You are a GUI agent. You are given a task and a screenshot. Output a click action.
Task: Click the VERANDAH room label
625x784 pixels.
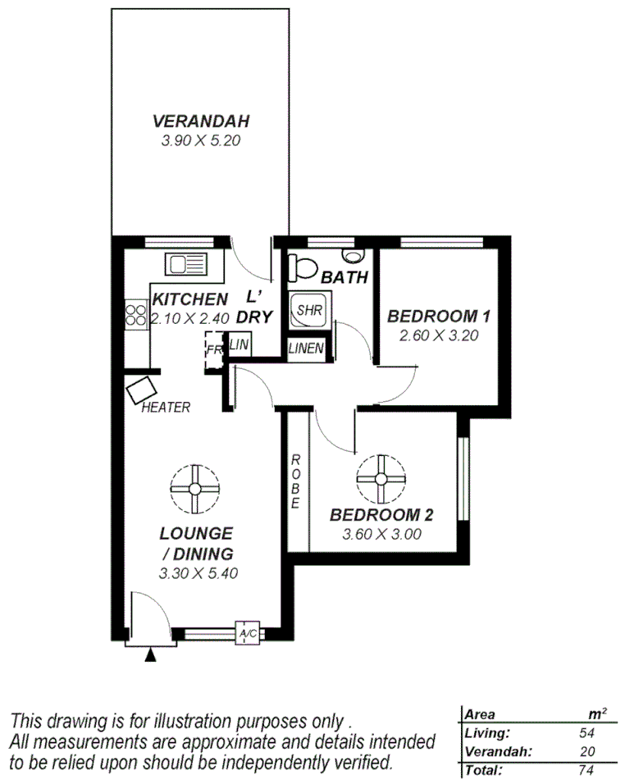point(201,122)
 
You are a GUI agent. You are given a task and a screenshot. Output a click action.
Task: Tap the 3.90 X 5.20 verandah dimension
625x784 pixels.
point(201,141)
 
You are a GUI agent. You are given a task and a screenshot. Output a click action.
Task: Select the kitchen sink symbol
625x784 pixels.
point(188,266)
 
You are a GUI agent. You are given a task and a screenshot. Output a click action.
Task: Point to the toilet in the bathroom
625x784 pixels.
point(303,267)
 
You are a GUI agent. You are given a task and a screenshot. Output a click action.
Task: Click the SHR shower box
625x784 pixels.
point(309,311)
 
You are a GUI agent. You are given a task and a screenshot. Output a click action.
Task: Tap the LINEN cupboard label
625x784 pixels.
point(306,349)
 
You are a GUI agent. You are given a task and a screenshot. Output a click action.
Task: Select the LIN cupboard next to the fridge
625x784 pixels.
point(239,345)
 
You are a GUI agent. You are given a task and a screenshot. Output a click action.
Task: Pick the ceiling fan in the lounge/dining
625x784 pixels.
point(195,489)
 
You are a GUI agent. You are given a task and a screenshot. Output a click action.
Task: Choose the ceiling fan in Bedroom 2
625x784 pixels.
point(381,479)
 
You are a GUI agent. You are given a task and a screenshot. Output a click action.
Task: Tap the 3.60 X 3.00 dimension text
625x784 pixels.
point(381,534)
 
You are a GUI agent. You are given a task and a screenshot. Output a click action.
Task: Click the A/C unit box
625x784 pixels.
point(247,633)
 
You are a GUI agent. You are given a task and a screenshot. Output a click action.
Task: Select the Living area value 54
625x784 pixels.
point(586,734)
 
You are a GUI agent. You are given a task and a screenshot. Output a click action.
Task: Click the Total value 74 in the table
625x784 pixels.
point(586,771)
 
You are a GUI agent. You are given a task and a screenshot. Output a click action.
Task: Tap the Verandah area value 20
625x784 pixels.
point(586,752)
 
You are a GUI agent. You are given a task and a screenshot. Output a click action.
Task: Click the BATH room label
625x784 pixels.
point(344,278)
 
